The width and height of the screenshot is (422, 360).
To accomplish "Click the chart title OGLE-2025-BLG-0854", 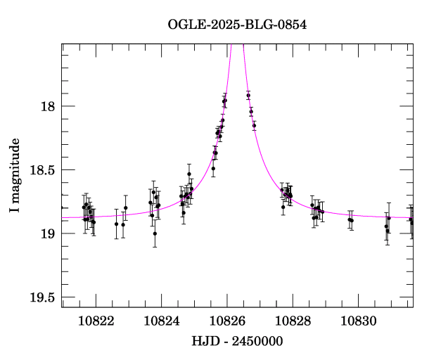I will point(237,25).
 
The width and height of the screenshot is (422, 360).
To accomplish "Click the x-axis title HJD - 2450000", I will point(237,341).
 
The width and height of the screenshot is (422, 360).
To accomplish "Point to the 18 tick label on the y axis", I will point(49,107).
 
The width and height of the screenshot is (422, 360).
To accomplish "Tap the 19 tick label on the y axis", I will point(49,233).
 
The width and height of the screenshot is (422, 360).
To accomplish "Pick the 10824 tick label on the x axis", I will point(162,321).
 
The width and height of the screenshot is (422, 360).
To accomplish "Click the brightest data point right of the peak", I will point(248,96).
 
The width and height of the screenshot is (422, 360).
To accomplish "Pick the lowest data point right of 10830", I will point(388,231).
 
